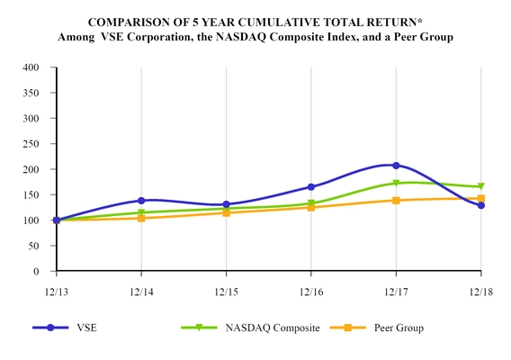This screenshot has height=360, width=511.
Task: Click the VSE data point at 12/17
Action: pos(396,166)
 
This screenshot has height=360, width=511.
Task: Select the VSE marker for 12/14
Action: pos(141,201)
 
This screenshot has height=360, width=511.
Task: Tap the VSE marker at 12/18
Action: pos(480,205)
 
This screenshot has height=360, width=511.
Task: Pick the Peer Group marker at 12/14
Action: pos(141,218)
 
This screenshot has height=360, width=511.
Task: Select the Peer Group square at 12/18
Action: pos(480,199)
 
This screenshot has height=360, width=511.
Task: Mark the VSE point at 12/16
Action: pos(311,187)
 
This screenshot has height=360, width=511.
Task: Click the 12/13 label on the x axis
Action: pos(56,292)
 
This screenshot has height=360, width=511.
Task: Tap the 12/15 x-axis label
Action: pos(226,292)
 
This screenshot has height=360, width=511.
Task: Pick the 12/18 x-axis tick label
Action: pos(480,292)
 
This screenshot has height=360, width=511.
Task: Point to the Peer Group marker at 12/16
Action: pos(311,207)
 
